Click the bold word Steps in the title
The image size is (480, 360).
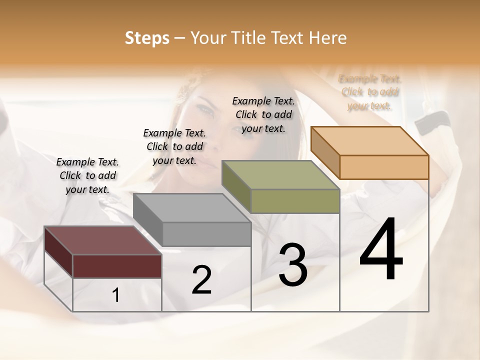pyautogui.click(x=146, y=38)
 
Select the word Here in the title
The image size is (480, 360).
pyautogui.click(x=328, y=38)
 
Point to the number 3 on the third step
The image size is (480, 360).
pyautogui.click(x=293, y=264)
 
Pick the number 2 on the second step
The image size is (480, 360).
pyautogui.click(x=201, y=280)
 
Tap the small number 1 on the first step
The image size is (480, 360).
pyautogui.click(x=116, y=295)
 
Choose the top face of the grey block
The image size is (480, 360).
pyautogui.click(x=192, y=208)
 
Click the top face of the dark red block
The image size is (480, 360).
pyautogui.click(x=103, y=240)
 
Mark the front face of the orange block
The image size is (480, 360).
pyautogui.click(x=384, y=167)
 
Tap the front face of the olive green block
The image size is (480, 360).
pyautogui.click(x=295, y=201)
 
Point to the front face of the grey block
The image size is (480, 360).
pyautogui.click(x=206, y=234)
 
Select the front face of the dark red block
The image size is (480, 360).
pyautogui.click(x=117, y=266)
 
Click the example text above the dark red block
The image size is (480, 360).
pyautogui.click(x=87, y=175)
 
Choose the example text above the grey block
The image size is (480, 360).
pyautogui.click(x=174, y=146)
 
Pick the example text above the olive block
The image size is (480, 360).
pyautogui.click(x=263, y=114)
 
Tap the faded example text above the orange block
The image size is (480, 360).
pyautogui.click(x=370, y=92)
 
